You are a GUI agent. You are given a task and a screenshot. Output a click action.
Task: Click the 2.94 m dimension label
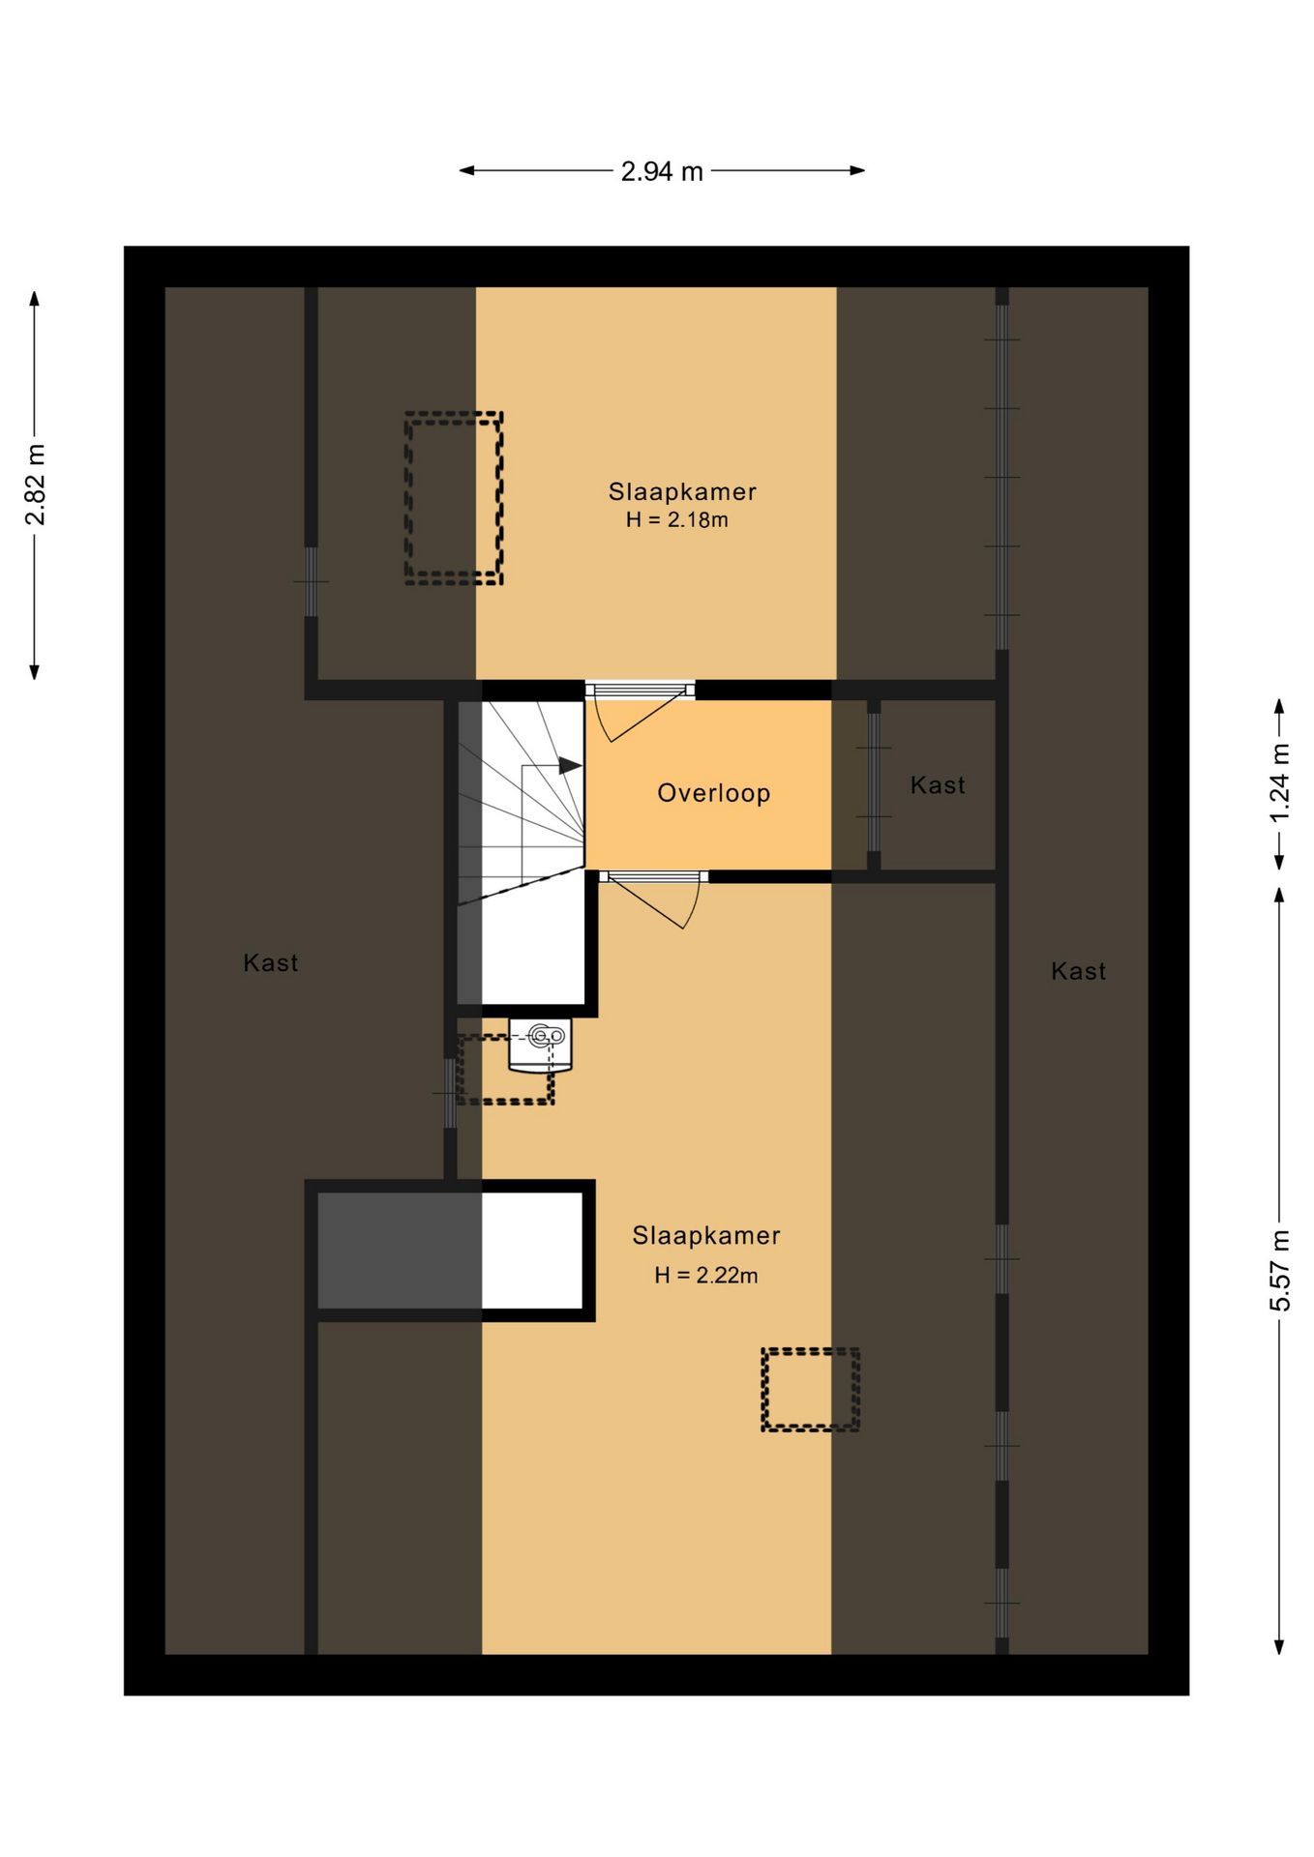click(662, 171)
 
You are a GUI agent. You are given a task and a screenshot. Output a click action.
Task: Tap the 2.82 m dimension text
click(36, 486)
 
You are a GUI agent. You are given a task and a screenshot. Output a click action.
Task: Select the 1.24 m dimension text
click(1280, 782)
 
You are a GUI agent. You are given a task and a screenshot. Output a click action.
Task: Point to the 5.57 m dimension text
click(1280, 1271)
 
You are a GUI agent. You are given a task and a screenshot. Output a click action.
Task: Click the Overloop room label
click(714, 793)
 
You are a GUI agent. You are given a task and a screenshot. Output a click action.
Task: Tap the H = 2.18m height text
click(677, 520)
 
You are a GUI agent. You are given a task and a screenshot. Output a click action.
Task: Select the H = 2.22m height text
click(706, 1276)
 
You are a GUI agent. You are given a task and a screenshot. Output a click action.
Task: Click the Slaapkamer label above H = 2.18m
click(682, 491)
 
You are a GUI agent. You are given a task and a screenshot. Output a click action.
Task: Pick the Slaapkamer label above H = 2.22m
click(706, 1235)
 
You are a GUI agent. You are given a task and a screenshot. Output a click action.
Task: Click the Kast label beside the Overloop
click(938, 785)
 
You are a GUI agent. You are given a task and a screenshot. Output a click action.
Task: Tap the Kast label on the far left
click(271, 962)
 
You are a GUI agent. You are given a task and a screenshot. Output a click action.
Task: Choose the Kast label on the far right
click(1079, 971)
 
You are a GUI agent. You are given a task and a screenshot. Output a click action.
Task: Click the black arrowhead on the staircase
click(570, 766)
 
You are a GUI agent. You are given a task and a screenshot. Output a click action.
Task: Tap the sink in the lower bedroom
click(540, 1045)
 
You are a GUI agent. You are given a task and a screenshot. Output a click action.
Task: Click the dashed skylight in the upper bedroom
click(454, 498)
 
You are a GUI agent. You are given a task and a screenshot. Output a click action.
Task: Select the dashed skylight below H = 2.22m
click(811, 1390)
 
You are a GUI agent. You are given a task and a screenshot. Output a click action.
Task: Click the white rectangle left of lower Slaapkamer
click(532, 1251)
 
